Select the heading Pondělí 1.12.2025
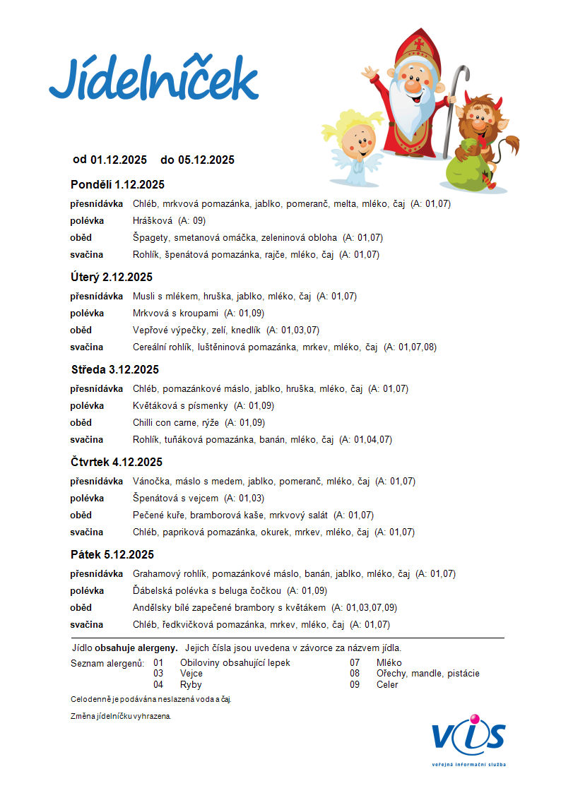coord(117,185)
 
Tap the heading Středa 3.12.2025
coord(114,370)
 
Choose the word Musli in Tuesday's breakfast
coord(144,297)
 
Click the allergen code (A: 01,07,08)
coord(410,347)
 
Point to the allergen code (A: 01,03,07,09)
coord(364,608)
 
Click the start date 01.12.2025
coord(119,160)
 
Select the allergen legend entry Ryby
coord(191,685)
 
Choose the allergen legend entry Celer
coord(387,685)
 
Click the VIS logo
coord(469,738)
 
